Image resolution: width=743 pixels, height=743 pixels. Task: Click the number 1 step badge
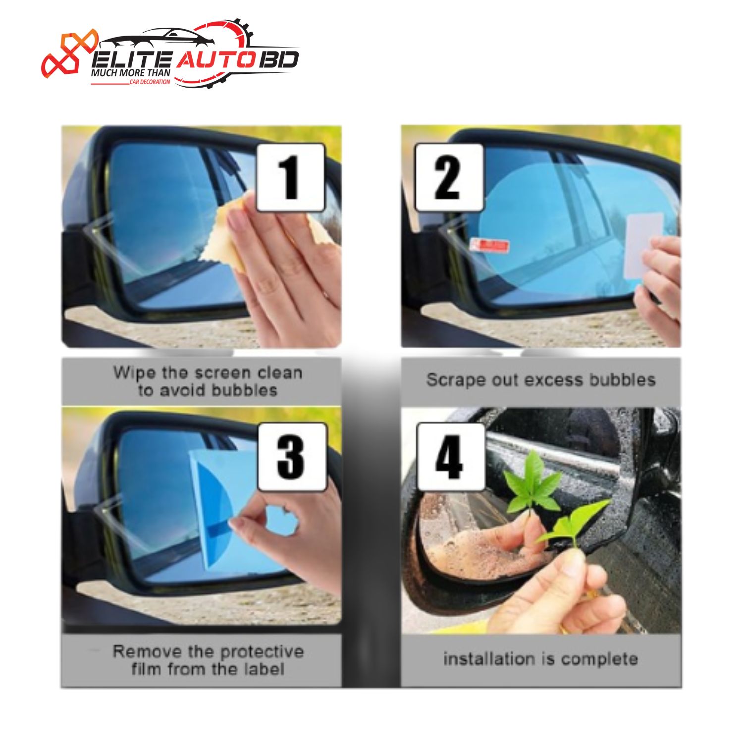291,177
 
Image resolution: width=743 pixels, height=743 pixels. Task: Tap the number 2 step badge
449,177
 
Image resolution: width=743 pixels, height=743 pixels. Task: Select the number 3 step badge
292,457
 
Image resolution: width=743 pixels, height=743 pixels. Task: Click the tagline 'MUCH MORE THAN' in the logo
131,73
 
